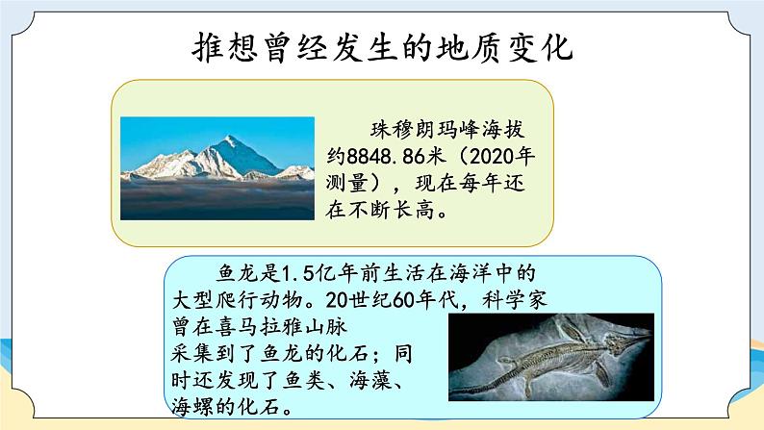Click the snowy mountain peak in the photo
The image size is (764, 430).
point(231,144)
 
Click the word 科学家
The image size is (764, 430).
point(532,298)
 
